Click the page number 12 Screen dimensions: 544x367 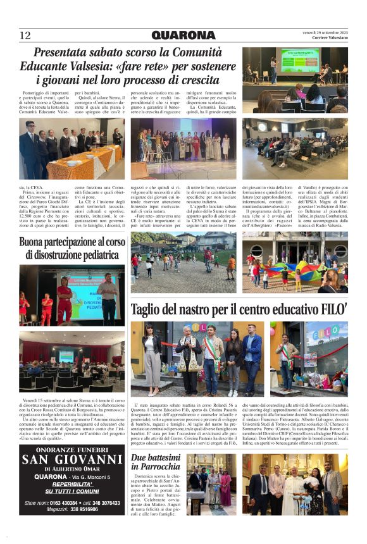(x=25, y=35)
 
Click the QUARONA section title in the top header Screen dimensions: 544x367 (x=183, y=35)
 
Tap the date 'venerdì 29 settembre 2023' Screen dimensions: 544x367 (x=325, y=32)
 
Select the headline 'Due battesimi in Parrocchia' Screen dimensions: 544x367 (x=156, y=461)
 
